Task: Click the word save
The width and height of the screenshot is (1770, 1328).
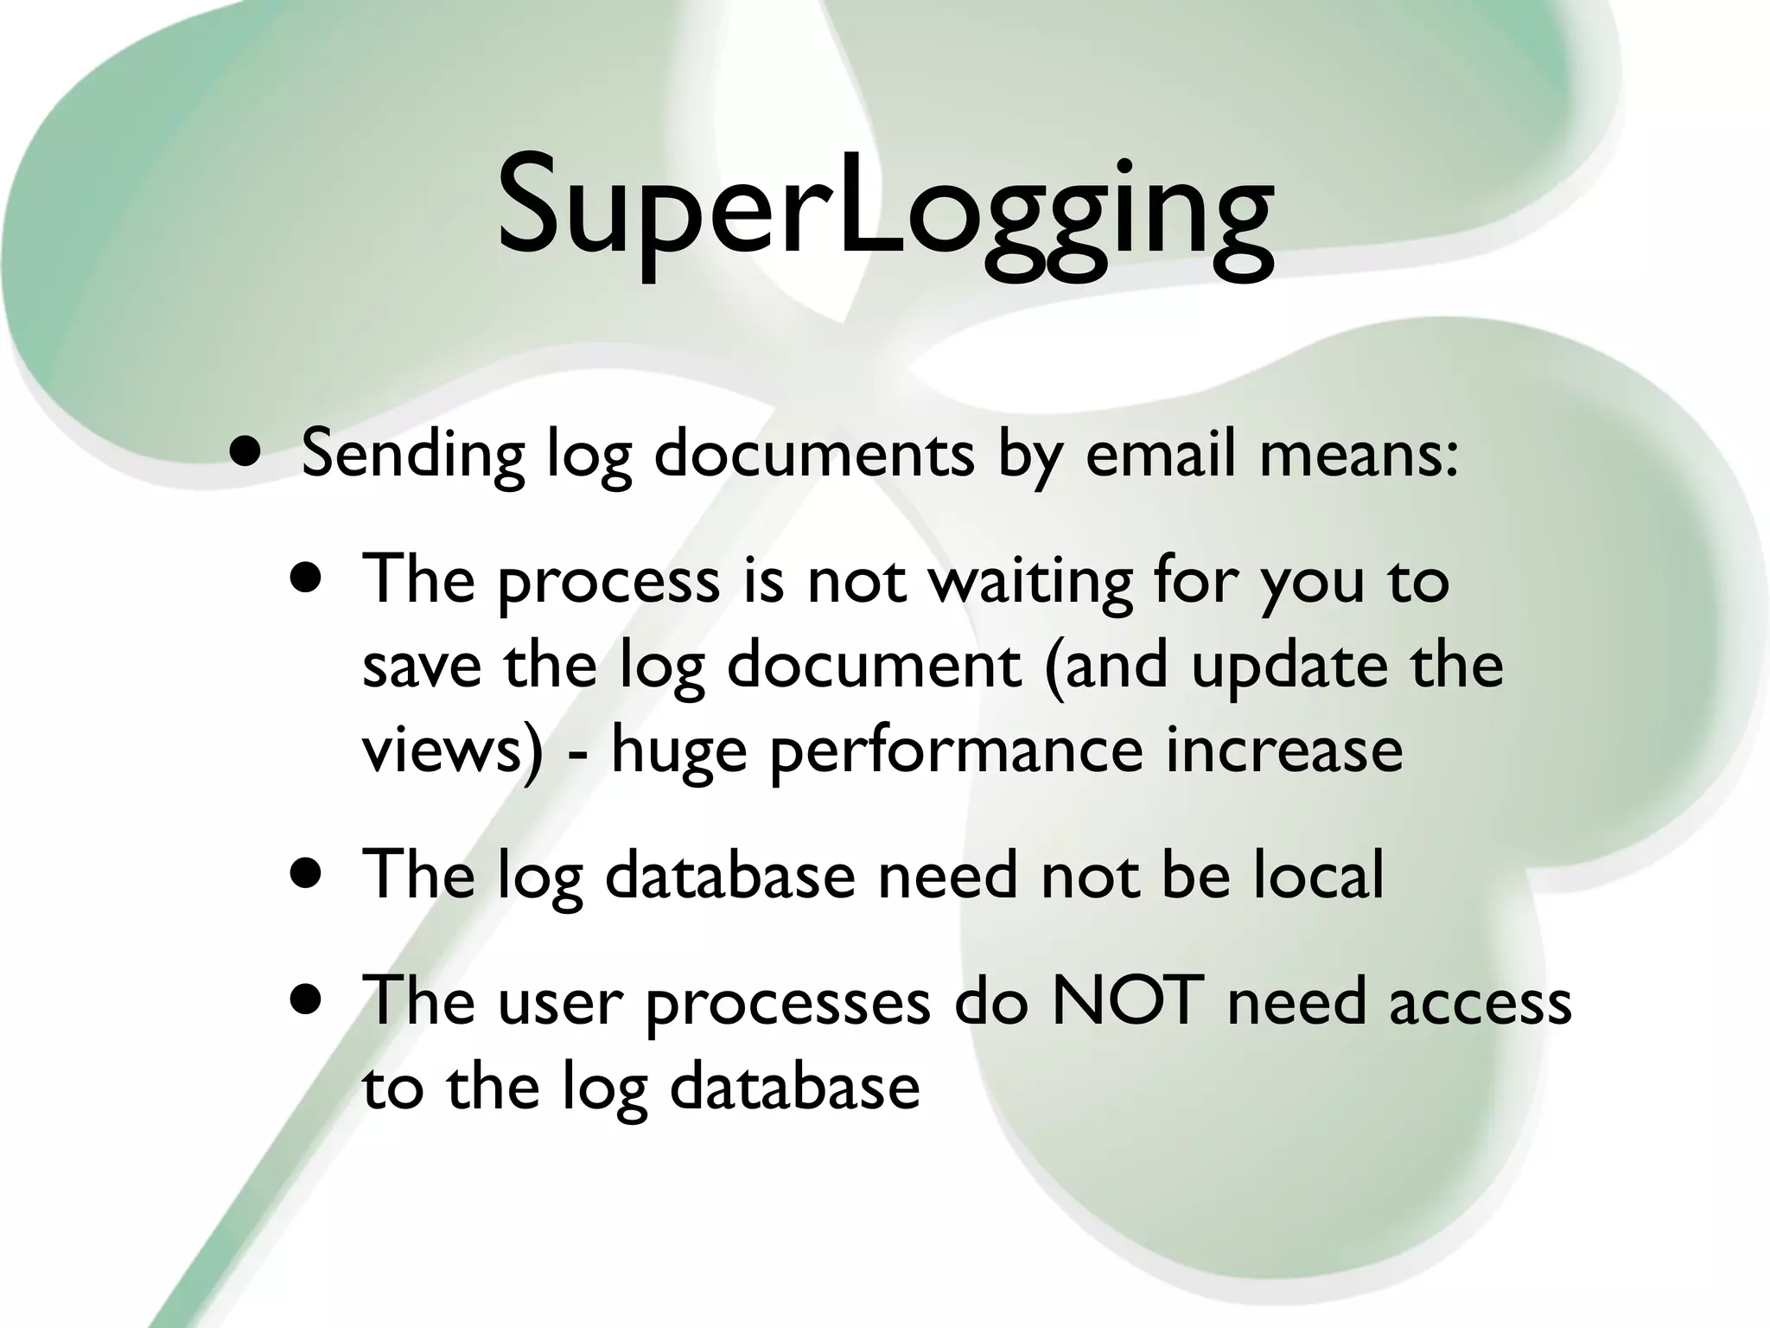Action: coord(422,666)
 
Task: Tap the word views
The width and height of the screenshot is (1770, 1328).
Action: coord(444,750)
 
